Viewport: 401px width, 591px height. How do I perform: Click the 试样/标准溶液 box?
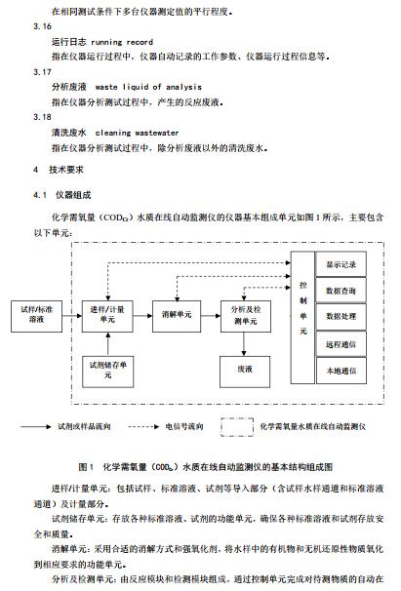(37, 316)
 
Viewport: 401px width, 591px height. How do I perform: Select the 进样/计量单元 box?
(107, 316)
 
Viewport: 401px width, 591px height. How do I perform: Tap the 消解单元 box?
(177, 316)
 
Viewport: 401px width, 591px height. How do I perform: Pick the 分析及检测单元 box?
(246, 316)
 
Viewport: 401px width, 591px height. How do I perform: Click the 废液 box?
(245, 372)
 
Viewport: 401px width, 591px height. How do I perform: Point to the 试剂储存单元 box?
(108, 372)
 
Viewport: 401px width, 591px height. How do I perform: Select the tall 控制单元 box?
(302, 317)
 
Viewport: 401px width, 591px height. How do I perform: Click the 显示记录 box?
(341, 264)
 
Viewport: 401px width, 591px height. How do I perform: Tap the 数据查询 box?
(341, 291)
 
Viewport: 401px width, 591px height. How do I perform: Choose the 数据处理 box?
(341, 317)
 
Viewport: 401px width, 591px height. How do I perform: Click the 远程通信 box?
(341, 343)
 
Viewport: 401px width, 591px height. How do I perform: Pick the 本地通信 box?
(341, 371)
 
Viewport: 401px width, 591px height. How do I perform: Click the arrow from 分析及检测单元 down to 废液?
(244, 344)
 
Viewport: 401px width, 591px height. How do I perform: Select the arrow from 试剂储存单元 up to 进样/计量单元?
(108, 344)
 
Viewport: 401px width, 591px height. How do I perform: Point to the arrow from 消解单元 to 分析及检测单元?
(211, 316)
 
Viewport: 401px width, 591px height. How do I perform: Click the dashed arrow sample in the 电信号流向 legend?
(143, 426)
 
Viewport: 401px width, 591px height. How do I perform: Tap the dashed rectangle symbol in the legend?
(237, 418)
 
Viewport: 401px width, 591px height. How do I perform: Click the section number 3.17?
(42, 72)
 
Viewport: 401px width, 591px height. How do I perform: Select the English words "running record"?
(122, 42)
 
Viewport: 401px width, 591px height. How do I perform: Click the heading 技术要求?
(66, 170)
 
